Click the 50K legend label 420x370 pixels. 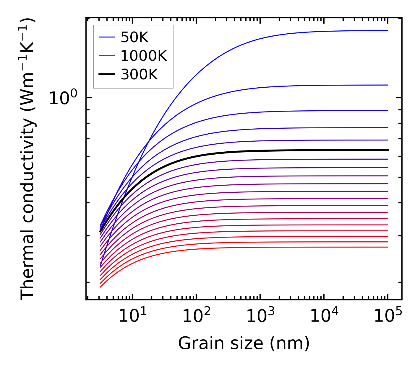click(134, 37)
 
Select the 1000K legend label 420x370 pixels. click(144, 56)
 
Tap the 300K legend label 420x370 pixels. click(139, 75)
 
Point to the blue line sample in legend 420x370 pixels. click(106, 37)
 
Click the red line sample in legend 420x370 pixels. click(106, 55)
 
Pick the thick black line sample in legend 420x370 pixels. click(106, 74)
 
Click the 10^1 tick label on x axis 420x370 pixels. click(132, 316)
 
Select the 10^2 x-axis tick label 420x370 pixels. click(196, 316)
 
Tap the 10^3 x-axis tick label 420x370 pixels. click(260, 316)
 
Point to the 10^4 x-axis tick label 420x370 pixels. click(324, 316)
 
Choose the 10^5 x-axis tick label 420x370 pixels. click(388, 316)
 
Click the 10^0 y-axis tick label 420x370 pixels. click(63, 98)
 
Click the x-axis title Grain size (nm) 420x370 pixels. click(244, 343)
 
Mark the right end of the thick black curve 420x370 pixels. click(388, 150)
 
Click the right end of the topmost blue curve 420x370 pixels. click(388, 30)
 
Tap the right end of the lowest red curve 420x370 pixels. click(388, 247)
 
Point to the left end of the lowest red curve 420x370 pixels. click(100, 287)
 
